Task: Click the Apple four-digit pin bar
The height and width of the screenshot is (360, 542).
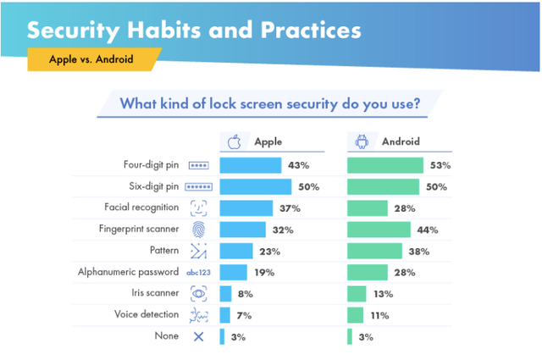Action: (x=251, y=165)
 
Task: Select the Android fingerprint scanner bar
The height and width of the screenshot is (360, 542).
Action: (x=379, y=230)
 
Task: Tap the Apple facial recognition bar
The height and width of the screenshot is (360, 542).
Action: (x=246, y=208)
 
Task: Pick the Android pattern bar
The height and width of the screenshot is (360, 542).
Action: (x=374, y=251)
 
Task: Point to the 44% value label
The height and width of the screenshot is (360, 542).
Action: (x=427, y=230)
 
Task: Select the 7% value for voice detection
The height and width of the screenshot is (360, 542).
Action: (x=245, y=315)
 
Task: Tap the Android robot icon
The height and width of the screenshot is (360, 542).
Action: (x=362, y=142)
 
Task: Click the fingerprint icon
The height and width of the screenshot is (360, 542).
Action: (x=199, y=230)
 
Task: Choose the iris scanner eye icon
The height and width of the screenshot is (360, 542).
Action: (x=199, y=294)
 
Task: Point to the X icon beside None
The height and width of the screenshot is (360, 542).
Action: (x=199, y=336)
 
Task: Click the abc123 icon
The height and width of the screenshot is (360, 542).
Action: (x=199, y=273)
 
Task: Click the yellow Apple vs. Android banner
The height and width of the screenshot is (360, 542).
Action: (x=92, y=60)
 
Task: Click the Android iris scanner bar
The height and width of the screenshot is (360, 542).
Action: (x=357, y=294)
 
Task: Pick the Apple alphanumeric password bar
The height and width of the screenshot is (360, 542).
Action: (x=233, y=273)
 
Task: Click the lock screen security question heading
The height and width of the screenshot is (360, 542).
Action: (x=269, y=105)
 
